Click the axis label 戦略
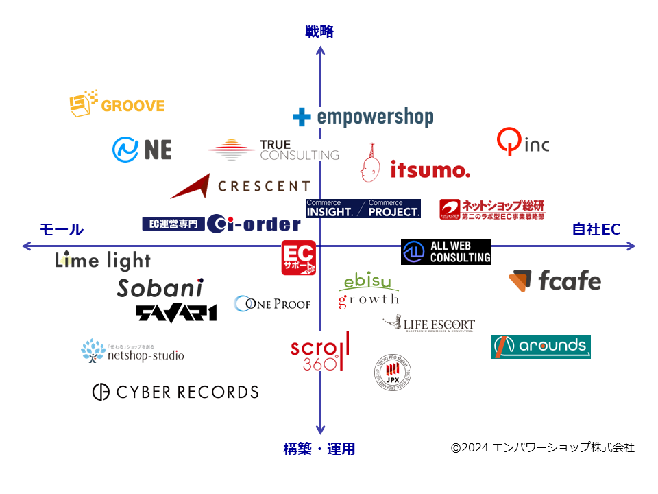(319, 32)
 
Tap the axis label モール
(62, 230)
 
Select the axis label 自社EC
(596, 230)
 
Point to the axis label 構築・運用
(319, 449)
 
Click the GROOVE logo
(117, 104)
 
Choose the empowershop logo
(363, 117)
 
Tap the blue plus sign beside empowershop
(302, 117)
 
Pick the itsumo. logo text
(430, 169)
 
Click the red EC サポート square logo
(298, 258)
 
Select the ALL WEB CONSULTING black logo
(446, 252)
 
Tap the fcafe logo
(555, 281)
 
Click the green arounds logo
(541, 346)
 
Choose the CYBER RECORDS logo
(175, 392)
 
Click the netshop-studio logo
(132, 351)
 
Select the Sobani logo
(160, 288)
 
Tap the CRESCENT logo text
(263, 186)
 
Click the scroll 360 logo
(319, 351)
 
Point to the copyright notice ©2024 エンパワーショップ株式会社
(542, 447)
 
